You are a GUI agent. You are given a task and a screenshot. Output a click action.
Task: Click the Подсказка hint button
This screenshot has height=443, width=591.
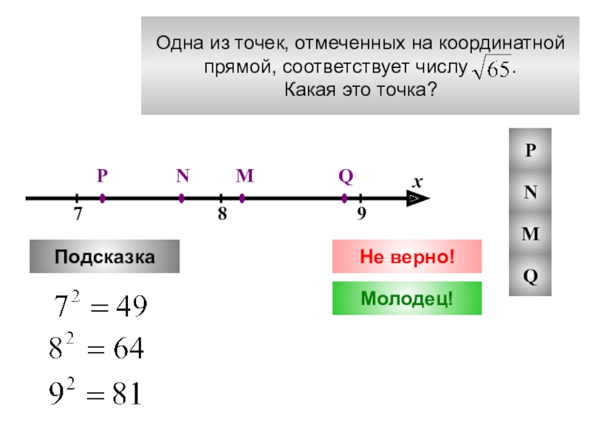click(104, 257)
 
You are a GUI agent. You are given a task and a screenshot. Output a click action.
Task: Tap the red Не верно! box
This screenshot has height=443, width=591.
click(406, 256)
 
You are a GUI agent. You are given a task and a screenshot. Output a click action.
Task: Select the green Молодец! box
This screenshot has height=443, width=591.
click(406, 298)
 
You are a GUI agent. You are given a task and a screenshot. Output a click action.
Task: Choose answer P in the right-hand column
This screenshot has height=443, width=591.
click(530, 150)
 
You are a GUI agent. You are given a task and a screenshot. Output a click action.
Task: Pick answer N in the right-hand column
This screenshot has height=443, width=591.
click(530, 192)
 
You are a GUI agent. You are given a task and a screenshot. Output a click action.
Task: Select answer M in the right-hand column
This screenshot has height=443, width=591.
click(530, 234)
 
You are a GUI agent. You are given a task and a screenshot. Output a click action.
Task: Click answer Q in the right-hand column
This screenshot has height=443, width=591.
click(530, 276)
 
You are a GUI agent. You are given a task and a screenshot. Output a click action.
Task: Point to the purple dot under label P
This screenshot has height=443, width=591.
click(102, 198)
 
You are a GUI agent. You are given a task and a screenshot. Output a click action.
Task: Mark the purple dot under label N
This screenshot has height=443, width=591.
click(182, 198)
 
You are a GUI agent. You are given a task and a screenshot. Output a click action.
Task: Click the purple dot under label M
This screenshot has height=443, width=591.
click(243, 198)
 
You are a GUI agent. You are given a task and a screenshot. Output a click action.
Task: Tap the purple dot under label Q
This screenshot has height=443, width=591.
click(344, 198)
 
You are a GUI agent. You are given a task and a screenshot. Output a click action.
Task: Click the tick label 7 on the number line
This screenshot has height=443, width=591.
click(77, 215)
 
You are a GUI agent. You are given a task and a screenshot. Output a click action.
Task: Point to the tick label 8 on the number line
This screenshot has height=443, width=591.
click(221, 215)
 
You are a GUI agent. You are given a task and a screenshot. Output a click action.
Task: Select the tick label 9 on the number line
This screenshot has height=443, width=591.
click(361, 215)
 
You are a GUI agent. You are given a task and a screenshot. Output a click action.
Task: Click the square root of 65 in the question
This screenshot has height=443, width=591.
click(491, 69)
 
